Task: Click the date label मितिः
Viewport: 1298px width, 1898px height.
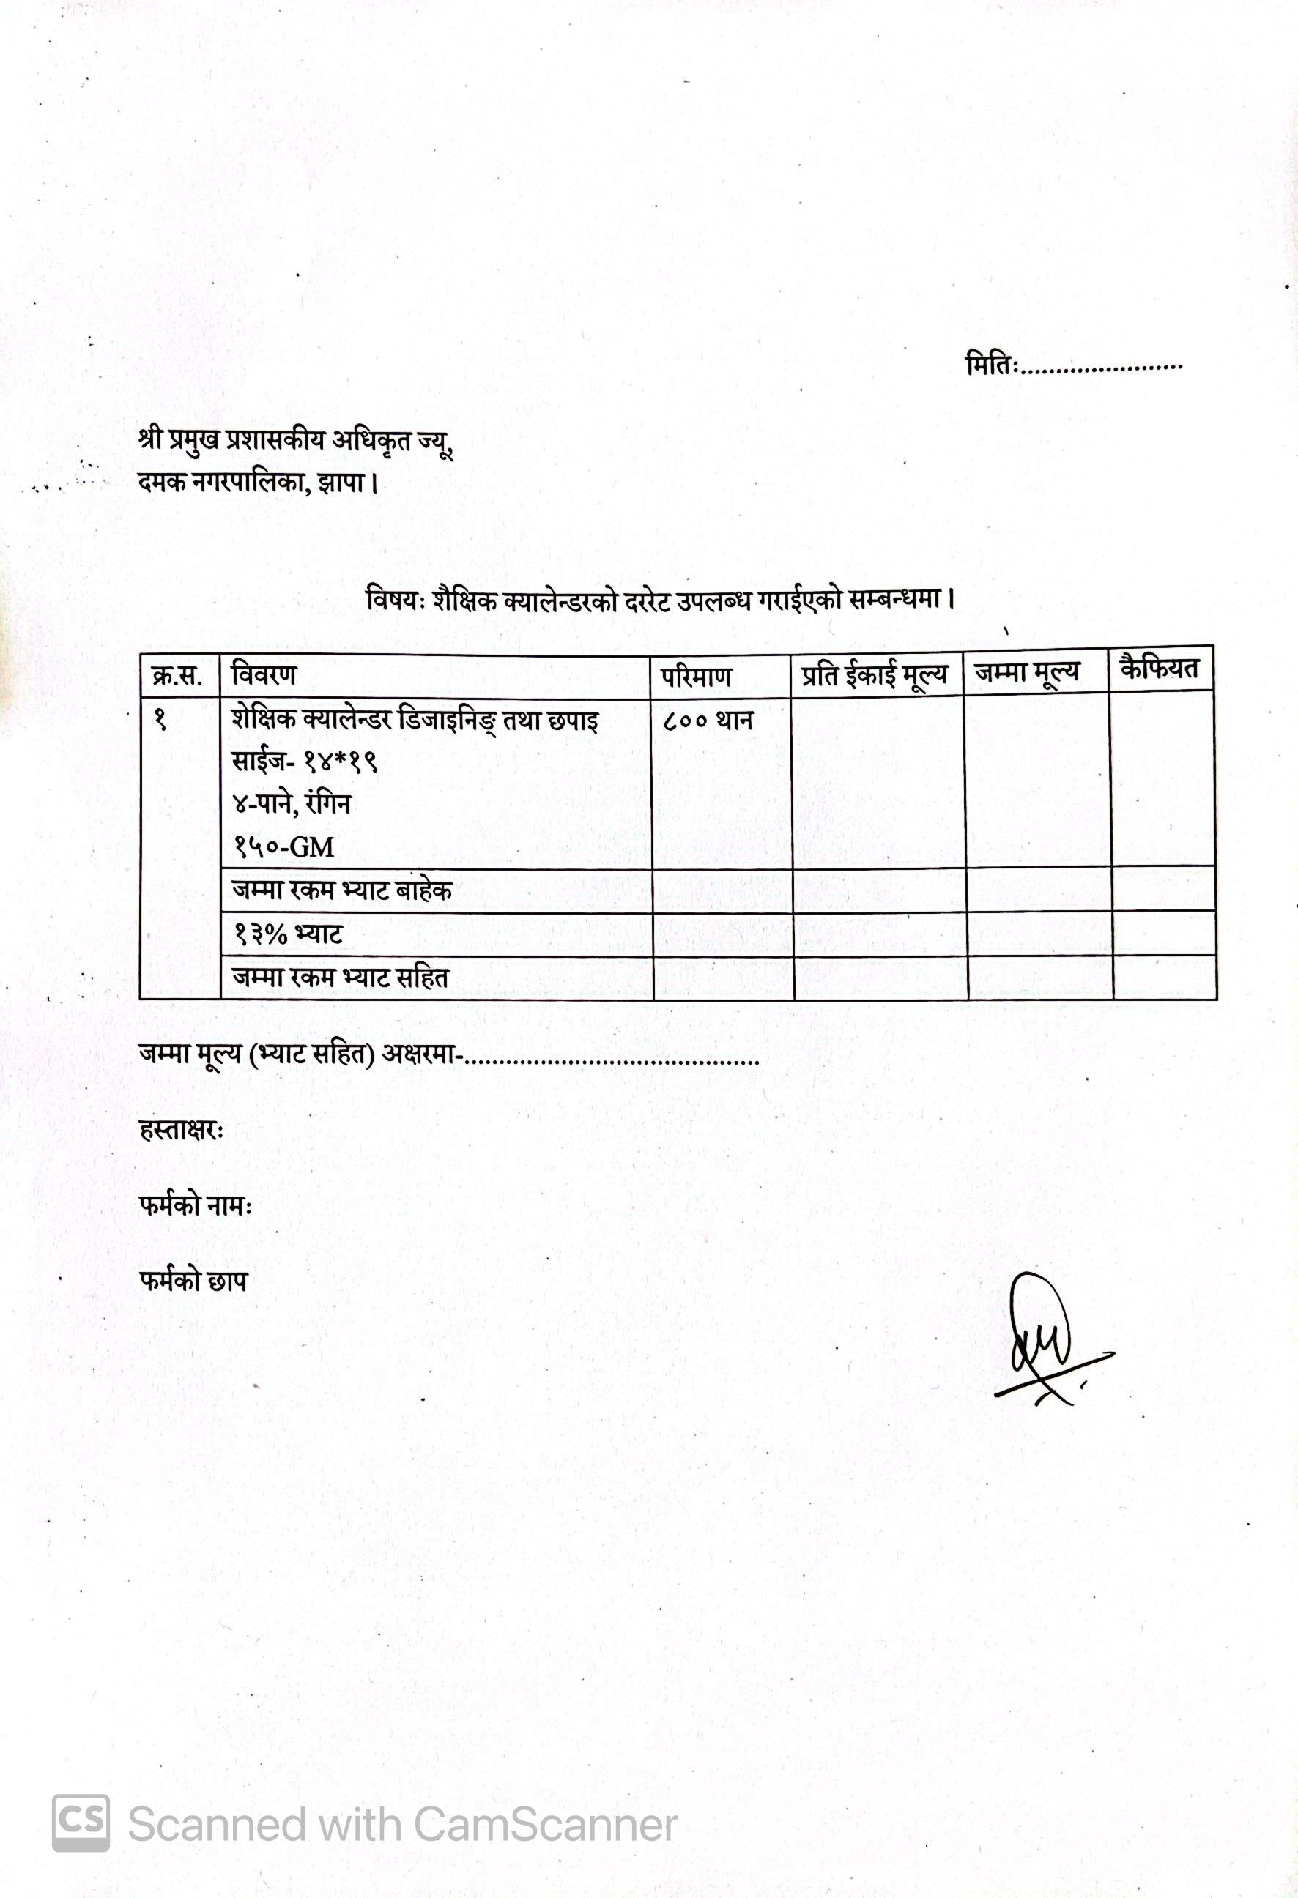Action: [992, 364]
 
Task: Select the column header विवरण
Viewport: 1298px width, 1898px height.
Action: [264, 675]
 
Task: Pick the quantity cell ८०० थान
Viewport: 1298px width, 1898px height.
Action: [708, 721]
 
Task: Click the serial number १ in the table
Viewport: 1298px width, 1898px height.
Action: [161, 721]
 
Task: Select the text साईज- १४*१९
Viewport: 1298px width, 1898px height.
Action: [304, 763]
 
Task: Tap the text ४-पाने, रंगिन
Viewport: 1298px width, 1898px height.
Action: [292, 805]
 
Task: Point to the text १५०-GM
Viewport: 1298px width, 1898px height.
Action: [284, 847]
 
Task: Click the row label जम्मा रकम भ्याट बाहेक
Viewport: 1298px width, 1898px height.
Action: [341, 890]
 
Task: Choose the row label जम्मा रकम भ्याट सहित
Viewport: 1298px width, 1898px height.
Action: [341, 978]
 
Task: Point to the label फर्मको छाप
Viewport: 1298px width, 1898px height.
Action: [193, 1281]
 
